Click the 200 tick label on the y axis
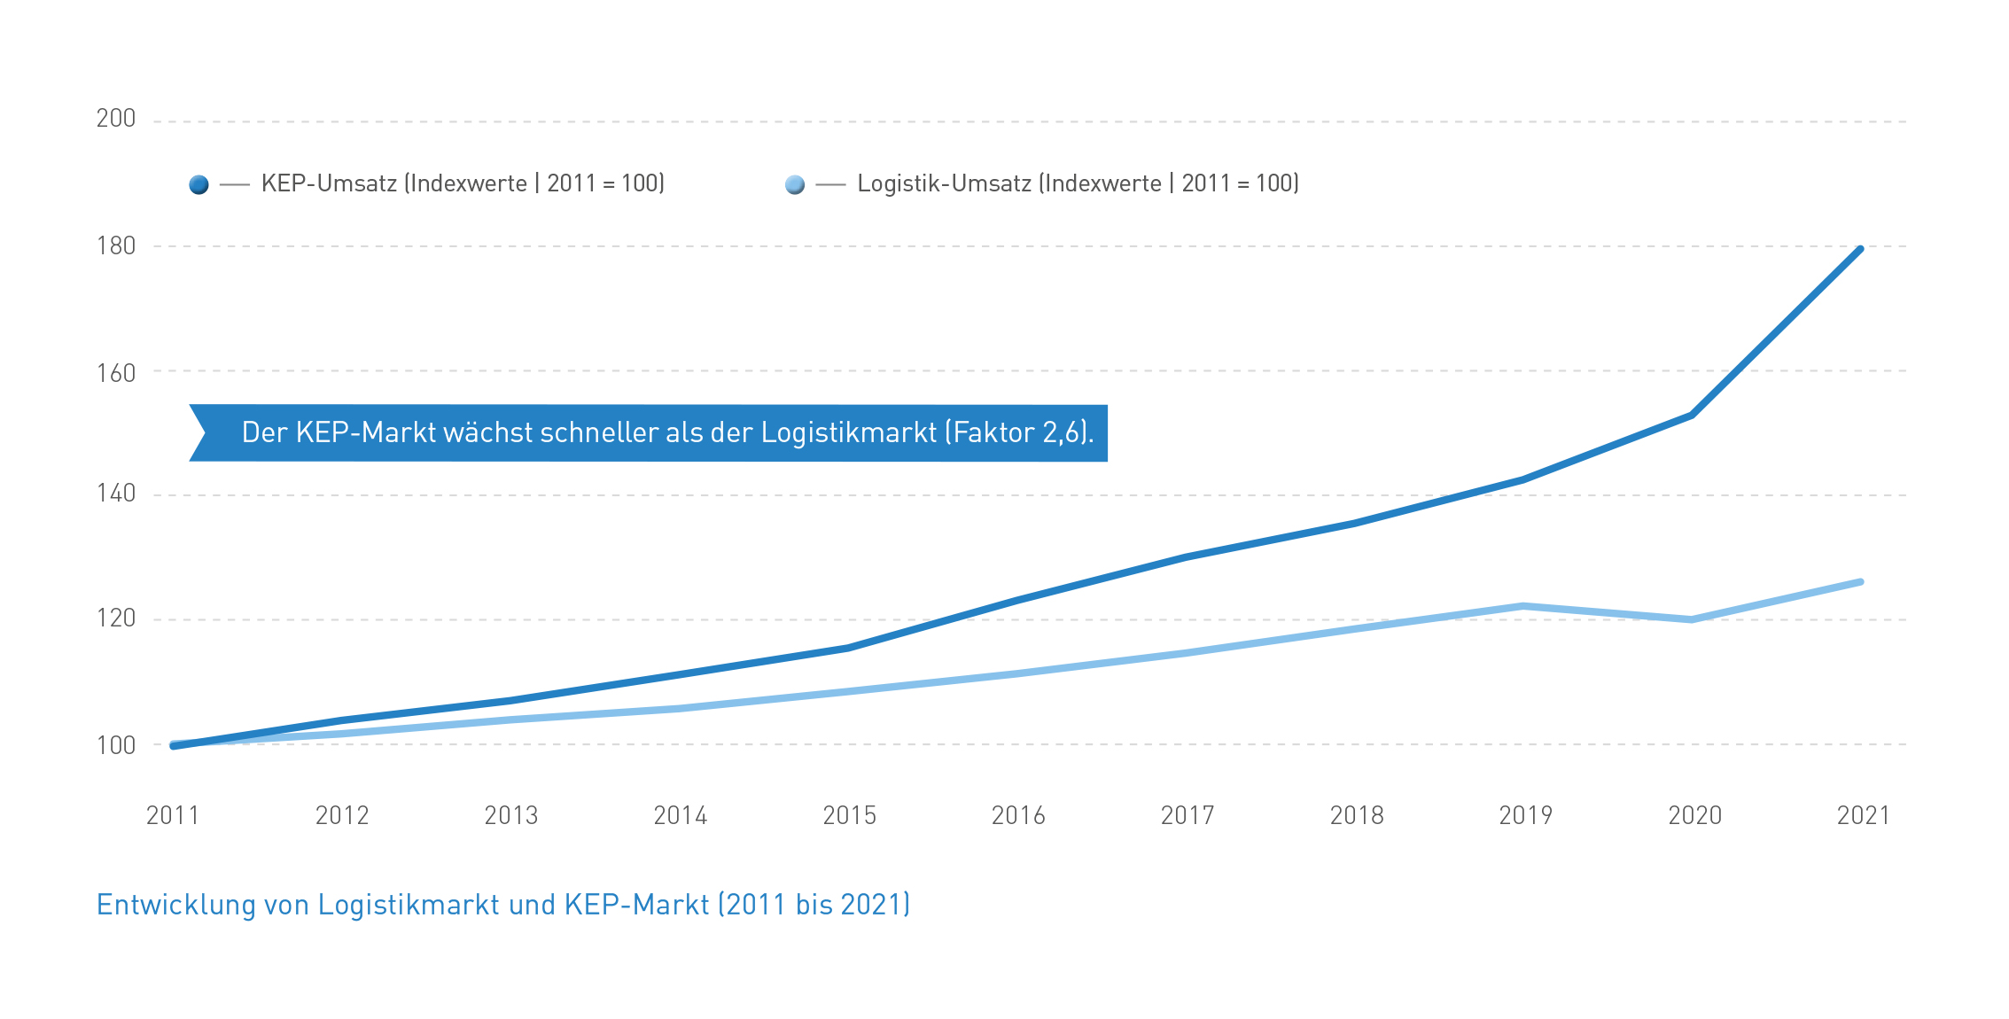click(116, 119)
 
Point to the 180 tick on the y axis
click(116, 246)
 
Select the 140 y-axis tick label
click(116, 494)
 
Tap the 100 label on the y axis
click(116, 745)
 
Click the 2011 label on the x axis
click(173, 815)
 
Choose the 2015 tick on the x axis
click(849, 815)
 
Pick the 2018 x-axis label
click(1357, 815)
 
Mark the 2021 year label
click(1864, 815)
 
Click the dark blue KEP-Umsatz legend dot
click(199, 184)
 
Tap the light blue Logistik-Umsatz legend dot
click(795, 184)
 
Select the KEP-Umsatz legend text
click(463, 183)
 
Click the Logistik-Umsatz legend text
click(1078, 183)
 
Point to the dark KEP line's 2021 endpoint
click(1859, 250)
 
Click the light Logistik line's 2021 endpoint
click(1859, 582)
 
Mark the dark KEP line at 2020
click(1692, 415)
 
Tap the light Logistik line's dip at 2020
click(1692, 619)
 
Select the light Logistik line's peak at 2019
click(1522, 606)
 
